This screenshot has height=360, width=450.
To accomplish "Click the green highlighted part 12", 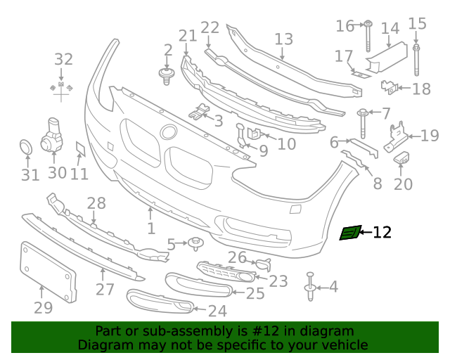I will click(349, 233).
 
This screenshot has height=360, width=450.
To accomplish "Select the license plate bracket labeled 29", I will click(47, 273).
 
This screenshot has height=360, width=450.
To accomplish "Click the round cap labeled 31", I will click(25, 148).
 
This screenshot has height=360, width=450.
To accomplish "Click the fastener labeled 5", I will click(193, 245).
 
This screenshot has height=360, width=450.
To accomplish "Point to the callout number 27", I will click(104, 290).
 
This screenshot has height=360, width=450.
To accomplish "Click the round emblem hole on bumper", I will click(168, 132).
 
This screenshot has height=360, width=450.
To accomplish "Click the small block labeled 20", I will click(403, 157).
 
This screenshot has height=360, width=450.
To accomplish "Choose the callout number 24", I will click(217, 310).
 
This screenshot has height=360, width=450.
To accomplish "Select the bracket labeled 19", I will click(398, 136).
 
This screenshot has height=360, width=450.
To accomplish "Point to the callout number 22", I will click(210, 27).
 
